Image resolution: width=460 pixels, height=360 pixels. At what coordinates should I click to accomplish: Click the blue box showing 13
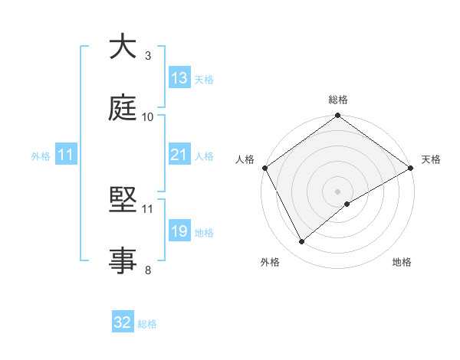pyautogui.click(x=179, y=78)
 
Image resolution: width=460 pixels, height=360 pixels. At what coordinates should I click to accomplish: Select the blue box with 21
pyautogui.click(x=179, y=155)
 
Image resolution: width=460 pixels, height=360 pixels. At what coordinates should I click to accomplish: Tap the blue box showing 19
pyautogui.click(x=179, y=231)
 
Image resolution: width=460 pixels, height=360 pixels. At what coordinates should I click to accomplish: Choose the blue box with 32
pyautogui.click(x=123, y=322)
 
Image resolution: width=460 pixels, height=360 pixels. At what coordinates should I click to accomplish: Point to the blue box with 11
pyautogui.click(x=66, y=155)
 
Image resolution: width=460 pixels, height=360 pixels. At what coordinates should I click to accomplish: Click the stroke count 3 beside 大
pyautogui.click(x=148, y=55)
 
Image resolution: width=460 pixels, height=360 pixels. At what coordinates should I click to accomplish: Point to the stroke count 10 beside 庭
pyautogui.click(x=148, y=116)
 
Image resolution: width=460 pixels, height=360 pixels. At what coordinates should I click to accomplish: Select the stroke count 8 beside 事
pyautogui.click(x=148, y=270)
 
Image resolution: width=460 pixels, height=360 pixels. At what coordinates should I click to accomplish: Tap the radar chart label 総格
pyautogui.click(x=338, y=100)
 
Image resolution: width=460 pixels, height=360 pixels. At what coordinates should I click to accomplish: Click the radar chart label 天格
pyautogui.click(x=431, y=159)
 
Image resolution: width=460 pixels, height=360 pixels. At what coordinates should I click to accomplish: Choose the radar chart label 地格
pyautogui.click(x=402, y=263)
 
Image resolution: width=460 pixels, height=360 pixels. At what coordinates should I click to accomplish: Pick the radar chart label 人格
pyautogui.click(x=245, y=159)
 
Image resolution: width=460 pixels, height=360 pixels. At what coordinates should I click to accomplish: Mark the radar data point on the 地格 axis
pyautogui.click(x=347, y=203)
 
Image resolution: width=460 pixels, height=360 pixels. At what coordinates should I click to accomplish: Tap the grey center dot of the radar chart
pyautogui.click(x=338, y=191)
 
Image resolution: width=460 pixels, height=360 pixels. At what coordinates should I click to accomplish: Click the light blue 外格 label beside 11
pyautogui.click(x=41, y=155)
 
